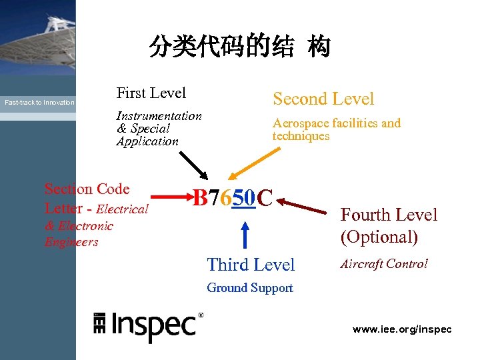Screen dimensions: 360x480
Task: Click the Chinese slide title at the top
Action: pyautogui.click(x=239, y=47)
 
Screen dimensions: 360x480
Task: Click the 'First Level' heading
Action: pyautogui.click(x=151, y=93)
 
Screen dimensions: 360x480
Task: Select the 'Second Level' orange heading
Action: pyautogui.click(x=323, y=99)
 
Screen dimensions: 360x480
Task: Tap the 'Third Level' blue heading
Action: pyautogui.click(x=251, y=265)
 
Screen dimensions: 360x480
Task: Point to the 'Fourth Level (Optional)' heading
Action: pyautogui.click(x=389, y=225)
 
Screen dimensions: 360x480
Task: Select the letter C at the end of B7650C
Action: pyautogui.click(x=265, y=197)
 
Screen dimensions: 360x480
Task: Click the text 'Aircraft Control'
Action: pyautogui.click(x=384, y=264)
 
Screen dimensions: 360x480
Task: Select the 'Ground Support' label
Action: pyautogui.click(x=250, y=288)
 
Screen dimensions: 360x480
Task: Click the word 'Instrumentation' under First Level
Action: pyautogui.click(x=159, y=116)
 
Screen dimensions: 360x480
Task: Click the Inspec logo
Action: pyautogui.click(x=148, y=325)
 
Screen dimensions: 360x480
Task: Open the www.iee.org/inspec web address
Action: pyautogui.click(x=402, y=329)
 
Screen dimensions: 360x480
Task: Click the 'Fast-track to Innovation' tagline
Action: pyautogui.click(x=39, y=103)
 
